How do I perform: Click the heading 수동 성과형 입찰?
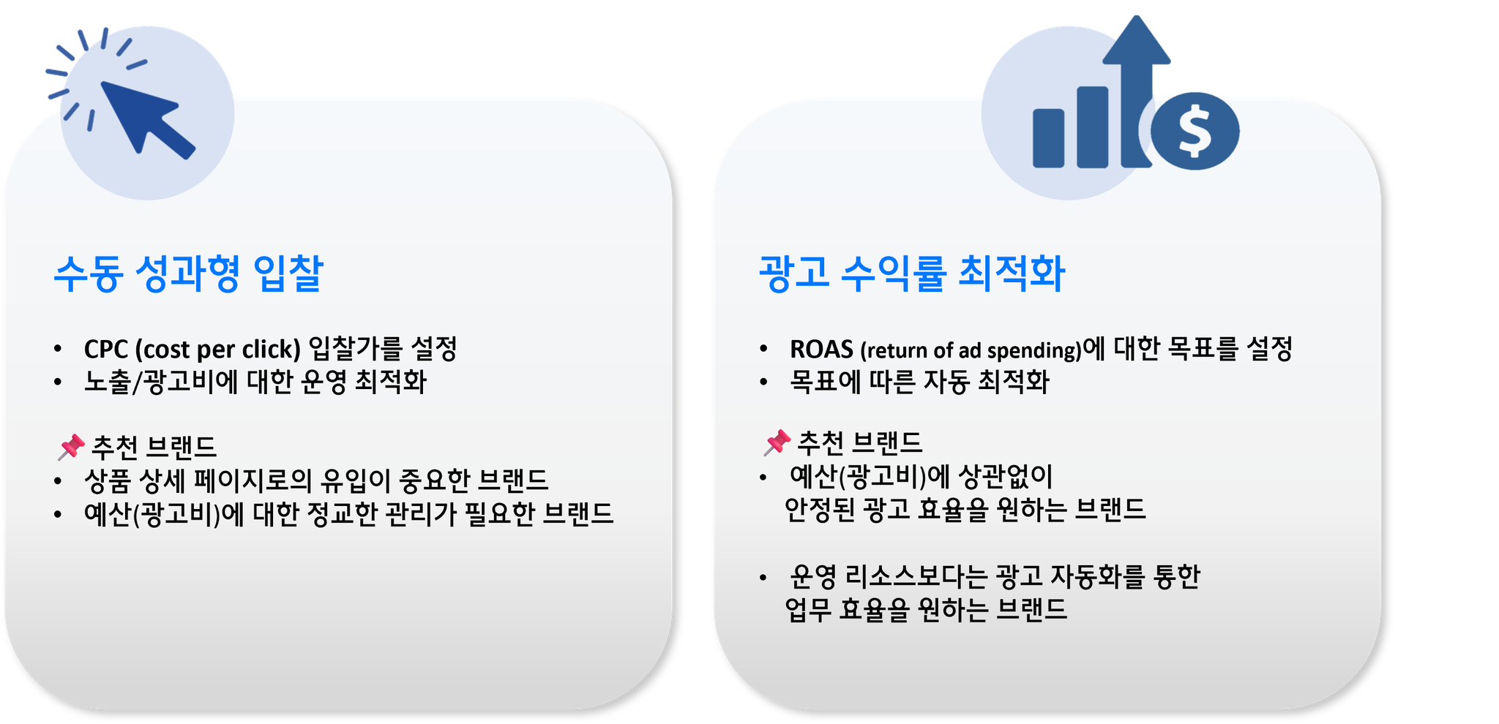[x=189, y=274]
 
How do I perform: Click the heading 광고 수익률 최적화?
[x=912, y=274]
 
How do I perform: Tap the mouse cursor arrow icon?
[x=146, y=118]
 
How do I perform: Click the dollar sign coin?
[x=1195, y=131]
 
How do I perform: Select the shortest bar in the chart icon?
[x=1048, y=138]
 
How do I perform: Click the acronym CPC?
[x=106, y=350]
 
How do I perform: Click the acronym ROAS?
[x=821, y=350]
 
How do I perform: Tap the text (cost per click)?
[x=218, y=350]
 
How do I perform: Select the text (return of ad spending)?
[x=971, y=350]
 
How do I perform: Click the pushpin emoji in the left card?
[x=71, y=447]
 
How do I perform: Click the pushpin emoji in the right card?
[x=777, y=442]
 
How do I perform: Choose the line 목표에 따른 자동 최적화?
[x=919, y=382]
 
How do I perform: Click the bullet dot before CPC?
[x=58, y=349]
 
